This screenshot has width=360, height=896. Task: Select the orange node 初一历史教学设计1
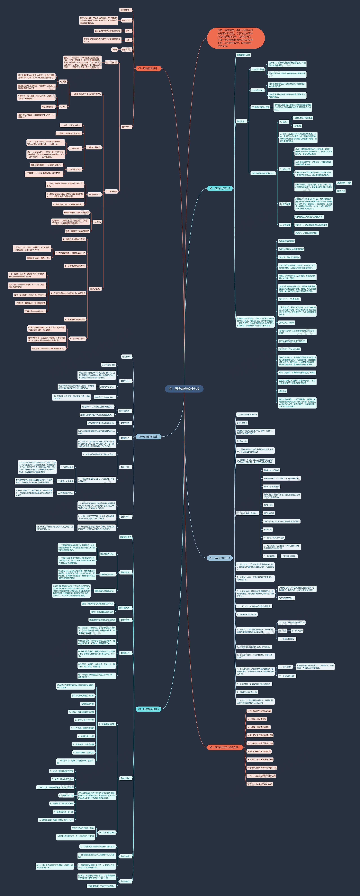coord(148,68)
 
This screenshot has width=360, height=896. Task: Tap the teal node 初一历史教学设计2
coord(220,188)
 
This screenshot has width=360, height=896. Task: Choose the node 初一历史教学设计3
coord(148,437)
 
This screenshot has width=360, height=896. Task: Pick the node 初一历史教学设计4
coord(220,558)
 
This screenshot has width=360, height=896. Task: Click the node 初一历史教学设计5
coord(148,709)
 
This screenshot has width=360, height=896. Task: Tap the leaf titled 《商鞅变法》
coord(126,10)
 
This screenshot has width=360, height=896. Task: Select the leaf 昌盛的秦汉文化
coord(243,55)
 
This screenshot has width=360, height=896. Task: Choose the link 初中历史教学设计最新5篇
coord(259,751)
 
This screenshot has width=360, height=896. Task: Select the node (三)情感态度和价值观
coord(260,107)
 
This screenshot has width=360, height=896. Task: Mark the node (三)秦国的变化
coord(94,195)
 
